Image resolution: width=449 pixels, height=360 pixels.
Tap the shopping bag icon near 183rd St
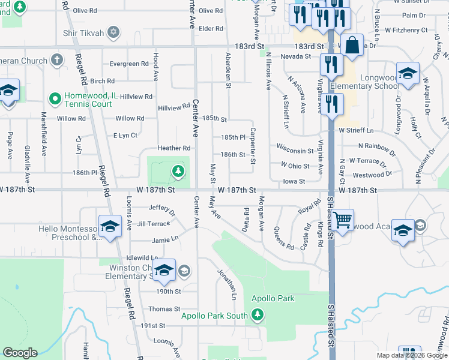tap(353, 44)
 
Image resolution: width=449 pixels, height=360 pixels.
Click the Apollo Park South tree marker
tap(258, 314)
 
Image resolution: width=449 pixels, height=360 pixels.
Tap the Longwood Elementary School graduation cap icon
tap(408, 74)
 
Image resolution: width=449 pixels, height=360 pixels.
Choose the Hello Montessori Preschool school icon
tap(109, 227)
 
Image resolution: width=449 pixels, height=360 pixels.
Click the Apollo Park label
tap(273, 298)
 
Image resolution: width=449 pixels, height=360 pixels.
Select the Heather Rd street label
tap(173, 148)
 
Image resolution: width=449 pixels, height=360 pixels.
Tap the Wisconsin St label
tap(295, 151)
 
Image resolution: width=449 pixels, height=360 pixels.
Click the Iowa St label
tap(294, 181)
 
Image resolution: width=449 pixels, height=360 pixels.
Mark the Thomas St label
tap(160, 309)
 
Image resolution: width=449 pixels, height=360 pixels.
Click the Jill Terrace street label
tap(154, 224)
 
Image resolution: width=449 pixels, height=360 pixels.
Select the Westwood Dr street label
tap(372, 175)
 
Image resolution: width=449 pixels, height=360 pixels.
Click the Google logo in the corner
tap(20, 353)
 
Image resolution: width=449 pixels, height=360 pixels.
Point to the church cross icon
tap(56, 59)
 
